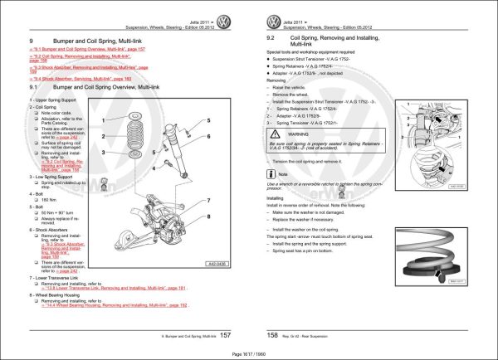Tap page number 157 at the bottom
click(x=224, y=334)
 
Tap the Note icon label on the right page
click(x=283, y=174)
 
